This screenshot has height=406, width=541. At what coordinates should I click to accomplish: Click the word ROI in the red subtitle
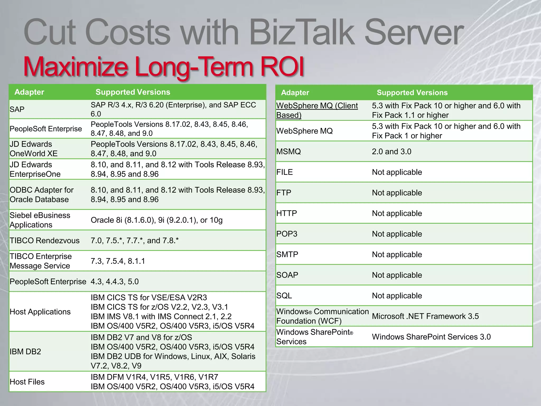tap(282, 66)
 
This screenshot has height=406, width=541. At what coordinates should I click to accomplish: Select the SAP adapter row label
tap(17, 109)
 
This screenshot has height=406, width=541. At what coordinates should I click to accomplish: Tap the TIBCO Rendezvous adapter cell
tap(44, 241)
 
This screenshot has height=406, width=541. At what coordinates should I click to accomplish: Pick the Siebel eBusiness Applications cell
tap(40, 220)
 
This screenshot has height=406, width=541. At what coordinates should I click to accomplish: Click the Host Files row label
tap(27, 382)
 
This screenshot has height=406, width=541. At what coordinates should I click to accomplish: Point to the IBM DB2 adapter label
tap(25, 352)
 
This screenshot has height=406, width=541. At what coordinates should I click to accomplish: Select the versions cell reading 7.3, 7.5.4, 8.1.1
tap(118, 261)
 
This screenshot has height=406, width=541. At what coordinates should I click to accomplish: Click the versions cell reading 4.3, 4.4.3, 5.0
tap(115, 282)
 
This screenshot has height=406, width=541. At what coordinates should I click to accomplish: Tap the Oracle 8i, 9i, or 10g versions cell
tap(157, 220)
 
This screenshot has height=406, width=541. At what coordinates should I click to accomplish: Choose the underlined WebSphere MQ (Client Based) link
tap(317, 110)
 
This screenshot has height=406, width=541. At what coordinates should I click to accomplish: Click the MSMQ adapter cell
tap(288, 151)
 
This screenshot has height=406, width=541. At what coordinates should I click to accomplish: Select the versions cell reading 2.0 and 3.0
tap(391, 151)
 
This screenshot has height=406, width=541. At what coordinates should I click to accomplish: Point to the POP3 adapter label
tap(287, 234)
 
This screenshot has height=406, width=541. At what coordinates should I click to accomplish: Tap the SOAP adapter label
tap(287, 275)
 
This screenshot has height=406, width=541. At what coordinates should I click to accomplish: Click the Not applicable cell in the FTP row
tap(397, 193)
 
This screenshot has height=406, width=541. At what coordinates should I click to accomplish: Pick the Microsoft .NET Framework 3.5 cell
tap(425, 316)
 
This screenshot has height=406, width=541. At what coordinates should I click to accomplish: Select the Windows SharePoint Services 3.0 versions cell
tap(431, 337)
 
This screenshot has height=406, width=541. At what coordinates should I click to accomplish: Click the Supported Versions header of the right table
tap(412, 93)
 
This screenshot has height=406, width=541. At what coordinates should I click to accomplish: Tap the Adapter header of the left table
tap(29, 92)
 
